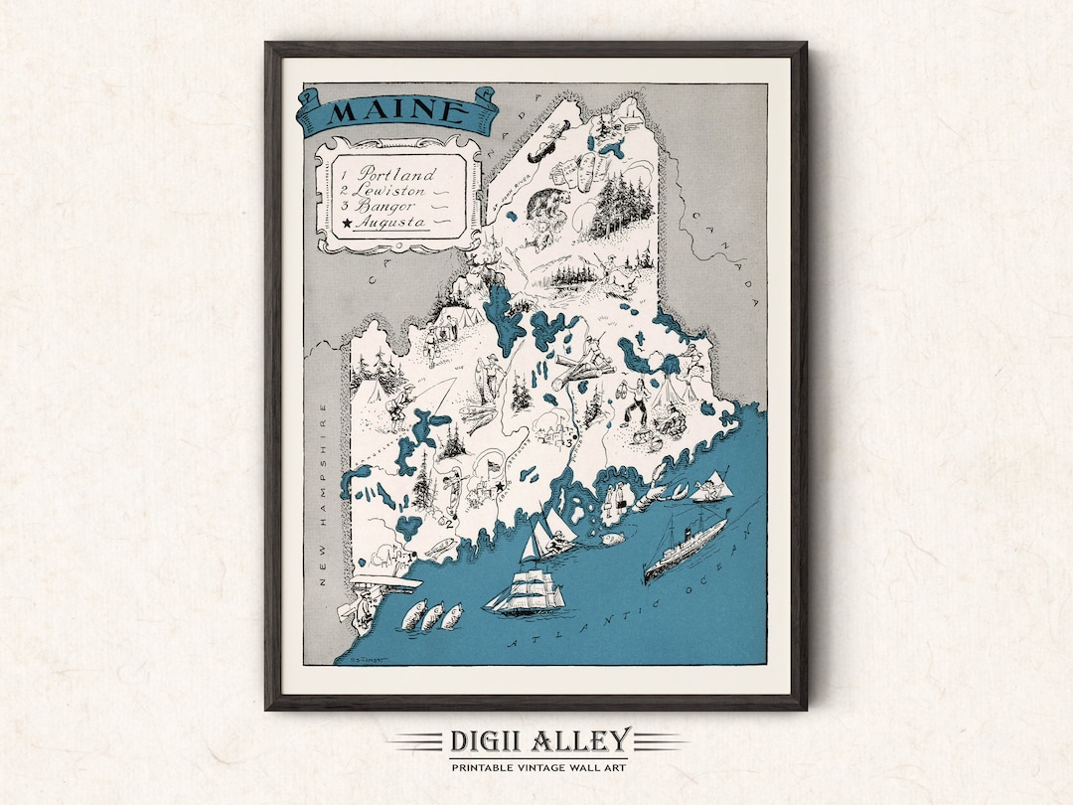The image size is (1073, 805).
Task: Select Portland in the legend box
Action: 397,173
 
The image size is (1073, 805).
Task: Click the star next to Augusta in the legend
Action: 346,225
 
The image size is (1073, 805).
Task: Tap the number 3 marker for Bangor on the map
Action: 566,443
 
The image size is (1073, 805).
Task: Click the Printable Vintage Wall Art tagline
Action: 537,768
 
